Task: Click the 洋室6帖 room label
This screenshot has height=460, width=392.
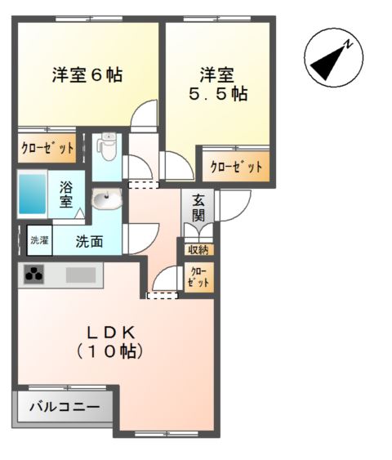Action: [87, 75]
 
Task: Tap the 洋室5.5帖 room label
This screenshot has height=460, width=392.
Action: [218, 84]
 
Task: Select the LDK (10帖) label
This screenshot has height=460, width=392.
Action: [112, 342]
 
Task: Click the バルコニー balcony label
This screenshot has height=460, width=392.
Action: [65, 406]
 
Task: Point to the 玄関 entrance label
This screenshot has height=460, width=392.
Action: [198, 208]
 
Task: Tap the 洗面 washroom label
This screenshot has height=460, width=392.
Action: [90, 242]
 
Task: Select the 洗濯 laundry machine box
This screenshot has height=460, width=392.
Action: [39, 240]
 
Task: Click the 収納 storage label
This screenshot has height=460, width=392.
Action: [198, 249]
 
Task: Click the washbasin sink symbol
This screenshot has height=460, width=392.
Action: [106, 199]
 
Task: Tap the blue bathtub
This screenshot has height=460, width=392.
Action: [33, 193]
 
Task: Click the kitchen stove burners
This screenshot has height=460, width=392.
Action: [34, 276]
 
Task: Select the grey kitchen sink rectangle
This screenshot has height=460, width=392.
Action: [82, 275]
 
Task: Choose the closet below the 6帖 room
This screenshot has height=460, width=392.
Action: [47, 149]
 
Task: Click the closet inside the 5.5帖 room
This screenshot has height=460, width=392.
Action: [236, 167]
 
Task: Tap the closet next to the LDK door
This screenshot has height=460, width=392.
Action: [198, 275]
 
